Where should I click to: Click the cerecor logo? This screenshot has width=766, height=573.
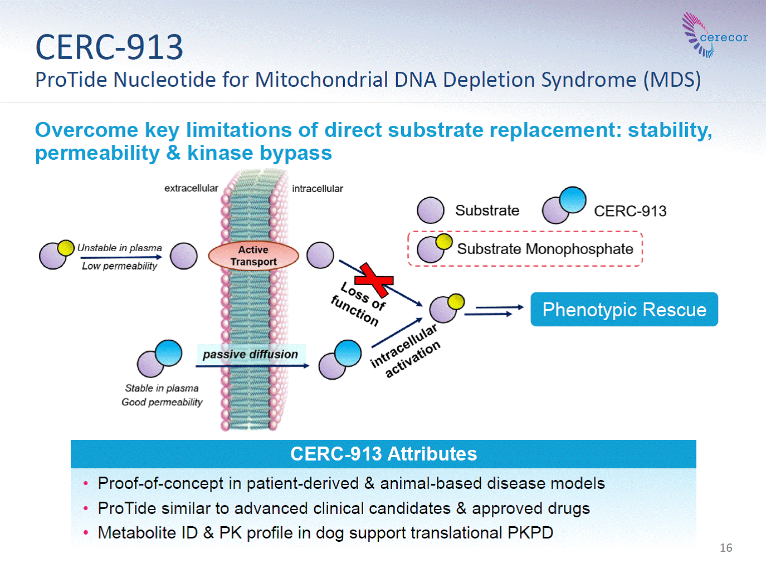714,35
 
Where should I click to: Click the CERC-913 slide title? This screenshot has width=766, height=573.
109,47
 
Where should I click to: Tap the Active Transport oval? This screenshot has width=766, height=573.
253,256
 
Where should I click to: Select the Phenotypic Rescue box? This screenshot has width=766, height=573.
624,310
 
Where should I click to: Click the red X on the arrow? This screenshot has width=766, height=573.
374,280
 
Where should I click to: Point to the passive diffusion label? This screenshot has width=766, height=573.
251,354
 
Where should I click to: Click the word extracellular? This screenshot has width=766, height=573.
191,188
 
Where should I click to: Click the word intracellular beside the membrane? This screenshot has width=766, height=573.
317,189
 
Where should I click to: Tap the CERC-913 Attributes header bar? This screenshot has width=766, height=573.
383,454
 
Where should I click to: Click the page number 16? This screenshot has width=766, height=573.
726,547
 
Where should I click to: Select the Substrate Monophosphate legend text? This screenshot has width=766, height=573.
545,249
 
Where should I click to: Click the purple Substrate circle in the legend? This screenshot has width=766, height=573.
430,210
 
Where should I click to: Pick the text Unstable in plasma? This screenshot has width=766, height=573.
119,248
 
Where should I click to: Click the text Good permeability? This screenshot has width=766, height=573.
162,402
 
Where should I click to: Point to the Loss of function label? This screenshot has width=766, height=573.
358,304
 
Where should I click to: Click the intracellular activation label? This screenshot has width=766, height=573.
405,350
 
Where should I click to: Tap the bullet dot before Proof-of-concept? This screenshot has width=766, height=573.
85,484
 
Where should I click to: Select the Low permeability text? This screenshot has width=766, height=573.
119,266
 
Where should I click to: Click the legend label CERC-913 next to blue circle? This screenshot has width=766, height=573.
630,211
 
